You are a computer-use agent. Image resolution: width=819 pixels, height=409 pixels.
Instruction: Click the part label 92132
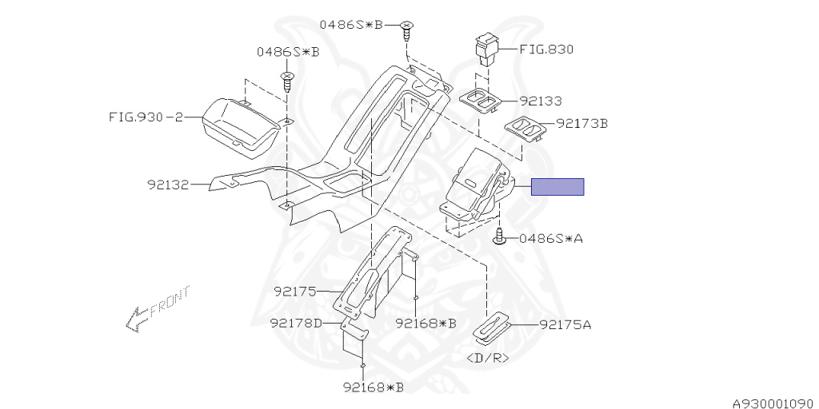tap(168, 185)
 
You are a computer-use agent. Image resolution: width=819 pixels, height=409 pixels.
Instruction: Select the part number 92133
tap(540, 101)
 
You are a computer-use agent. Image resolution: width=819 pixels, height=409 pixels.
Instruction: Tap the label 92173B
tap(581, 124)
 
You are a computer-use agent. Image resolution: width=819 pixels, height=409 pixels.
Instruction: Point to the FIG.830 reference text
tap(546, 49)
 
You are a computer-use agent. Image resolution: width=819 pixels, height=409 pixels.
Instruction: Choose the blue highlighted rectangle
tap(558, 187)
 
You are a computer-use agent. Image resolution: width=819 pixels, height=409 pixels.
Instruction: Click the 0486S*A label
tap(551, 238)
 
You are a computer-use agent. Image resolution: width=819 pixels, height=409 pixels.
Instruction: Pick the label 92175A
tap(565, 325)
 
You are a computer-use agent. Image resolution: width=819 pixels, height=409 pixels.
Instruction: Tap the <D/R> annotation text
tap(487, 358)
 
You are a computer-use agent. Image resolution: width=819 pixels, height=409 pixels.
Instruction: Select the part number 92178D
tap(295, 324)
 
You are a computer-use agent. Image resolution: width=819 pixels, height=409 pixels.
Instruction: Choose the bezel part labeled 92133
tap(482, 101)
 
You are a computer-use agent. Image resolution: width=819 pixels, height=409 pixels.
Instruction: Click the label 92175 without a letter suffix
tap(295, 292)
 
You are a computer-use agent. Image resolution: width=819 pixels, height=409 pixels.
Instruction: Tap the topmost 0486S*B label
tap(352, 25)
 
